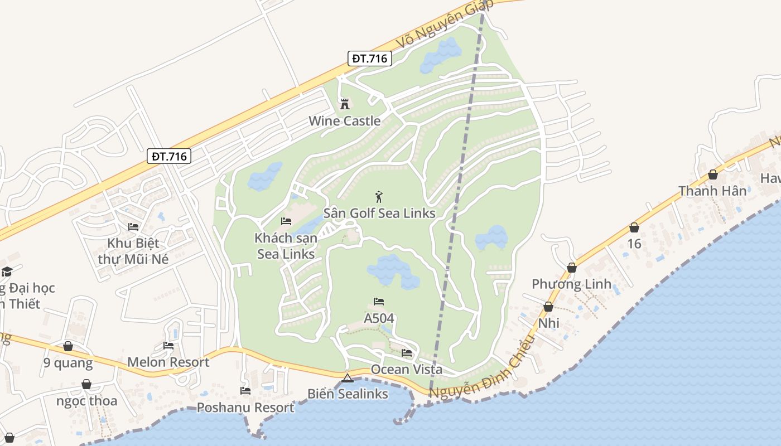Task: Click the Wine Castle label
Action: pos(345,121)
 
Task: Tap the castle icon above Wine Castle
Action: pos(344,104)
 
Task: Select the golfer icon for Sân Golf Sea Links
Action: pos(379,197)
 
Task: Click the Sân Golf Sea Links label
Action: pos(379,214)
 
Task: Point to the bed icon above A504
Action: pos(379,302)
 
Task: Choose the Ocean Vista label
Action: pos(407,370)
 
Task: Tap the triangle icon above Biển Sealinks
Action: pos(348,379)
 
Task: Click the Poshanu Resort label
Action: pos(245,408)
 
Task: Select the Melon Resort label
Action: pos(168,362)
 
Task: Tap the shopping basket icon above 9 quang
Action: pos(68,346)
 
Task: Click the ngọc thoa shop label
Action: pos(87,401)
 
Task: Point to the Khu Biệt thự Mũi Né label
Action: pos(133,251)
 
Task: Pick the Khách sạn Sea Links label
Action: pos(286,246)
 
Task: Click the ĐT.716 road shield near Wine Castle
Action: pos(369,58)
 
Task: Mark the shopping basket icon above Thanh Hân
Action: pos(712,174)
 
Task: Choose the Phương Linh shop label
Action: pos(572,284)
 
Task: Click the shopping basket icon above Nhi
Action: pos(548,307)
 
